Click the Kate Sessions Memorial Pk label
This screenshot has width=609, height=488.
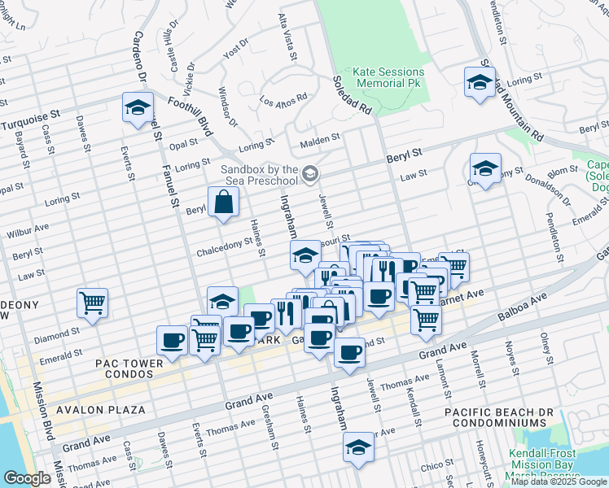387,77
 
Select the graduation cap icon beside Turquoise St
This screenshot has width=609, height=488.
138,107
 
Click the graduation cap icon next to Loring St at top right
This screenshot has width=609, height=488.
480,82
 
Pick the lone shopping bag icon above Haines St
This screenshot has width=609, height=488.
223,203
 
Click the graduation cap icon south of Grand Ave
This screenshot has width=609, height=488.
357,448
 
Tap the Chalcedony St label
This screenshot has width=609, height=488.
224,252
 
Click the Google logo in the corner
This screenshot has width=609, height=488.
27,477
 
